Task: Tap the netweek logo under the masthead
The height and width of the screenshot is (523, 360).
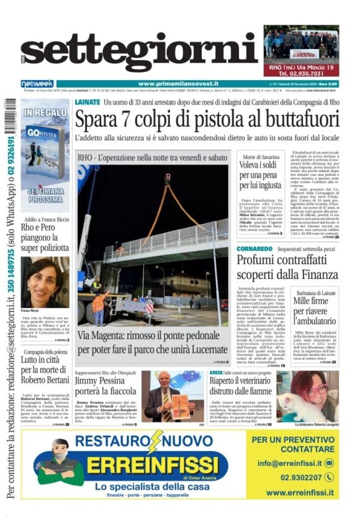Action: click(x=37, y=84)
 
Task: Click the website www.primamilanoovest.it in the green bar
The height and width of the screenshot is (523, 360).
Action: click(x=178, y=84)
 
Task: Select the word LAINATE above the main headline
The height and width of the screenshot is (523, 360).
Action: click(x=87, y=102)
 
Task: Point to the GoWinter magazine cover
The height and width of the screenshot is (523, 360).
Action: click(x=45, y=151)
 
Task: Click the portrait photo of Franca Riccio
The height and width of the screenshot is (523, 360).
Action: click(x=45, y=282)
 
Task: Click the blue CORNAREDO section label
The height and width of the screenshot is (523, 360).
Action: click(x=254, y=249)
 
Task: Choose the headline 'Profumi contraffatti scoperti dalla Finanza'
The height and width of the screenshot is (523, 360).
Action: click(x=287, y=267)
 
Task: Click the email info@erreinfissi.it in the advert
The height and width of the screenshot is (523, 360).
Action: click(x=290, y=463)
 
